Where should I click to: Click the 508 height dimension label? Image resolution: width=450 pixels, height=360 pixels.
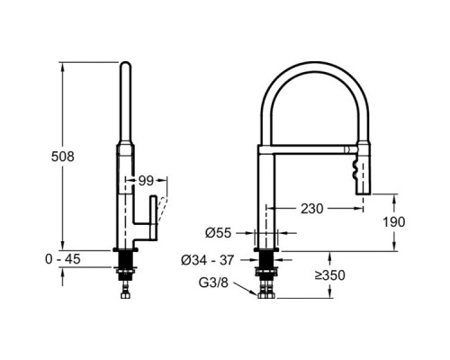[x=63, y=157]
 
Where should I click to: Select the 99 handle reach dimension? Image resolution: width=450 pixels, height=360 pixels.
[x=146, y=181]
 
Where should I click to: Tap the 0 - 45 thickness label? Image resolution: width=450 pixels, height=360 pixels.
[x=63, y=259]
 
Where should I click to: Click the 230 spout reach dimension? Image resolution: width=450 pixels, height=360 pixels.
[x=312, y=209]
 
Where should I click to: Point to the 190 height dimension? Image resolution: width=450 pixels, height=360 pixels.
[x=394, y=222]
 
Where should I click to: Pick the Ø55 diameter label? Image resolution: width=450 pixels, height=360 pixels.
[x=219, y=233]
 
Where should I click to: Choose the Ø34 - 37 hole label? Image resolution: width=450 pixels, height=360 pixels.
[x=207, y=260]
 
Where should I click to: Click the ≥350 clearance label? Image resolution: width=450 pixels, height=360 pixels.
[x=330, y=275]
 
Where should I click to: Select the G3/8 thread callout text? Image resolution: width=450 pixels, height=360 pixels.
[x=213, y=283]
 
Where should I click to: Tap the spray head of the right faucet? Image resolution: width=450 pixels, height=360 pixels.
[x=364, y=170]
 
